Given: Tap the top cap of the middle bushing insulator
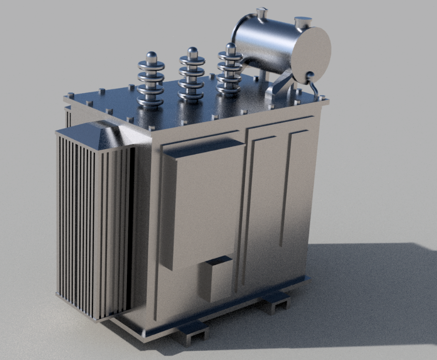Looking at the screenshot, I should coord(192,51).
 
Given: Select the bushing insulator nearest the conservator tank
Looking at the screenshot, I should coord(229,69).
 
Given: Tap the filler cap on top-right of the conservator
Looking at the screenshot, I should coord(303,22).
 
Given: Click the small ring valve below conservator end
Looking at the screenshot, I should coord(310,77).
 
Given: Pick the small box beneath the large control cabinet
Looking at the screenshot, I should coord(216,279).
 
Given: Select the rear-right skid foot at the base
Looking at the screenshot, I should coord(275,302).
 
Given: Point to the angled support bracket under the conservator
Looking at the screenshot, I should coord(280,84).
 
